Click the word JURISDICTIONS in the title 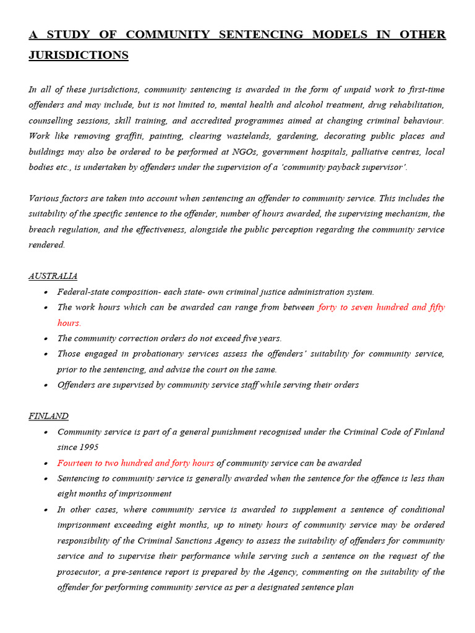[x=79, y=55]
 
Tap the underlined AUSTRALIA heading [x=53, y=276]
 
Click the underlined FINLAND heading [x=48, y=416]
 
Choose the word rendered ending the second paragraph [x=46, y=245]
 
